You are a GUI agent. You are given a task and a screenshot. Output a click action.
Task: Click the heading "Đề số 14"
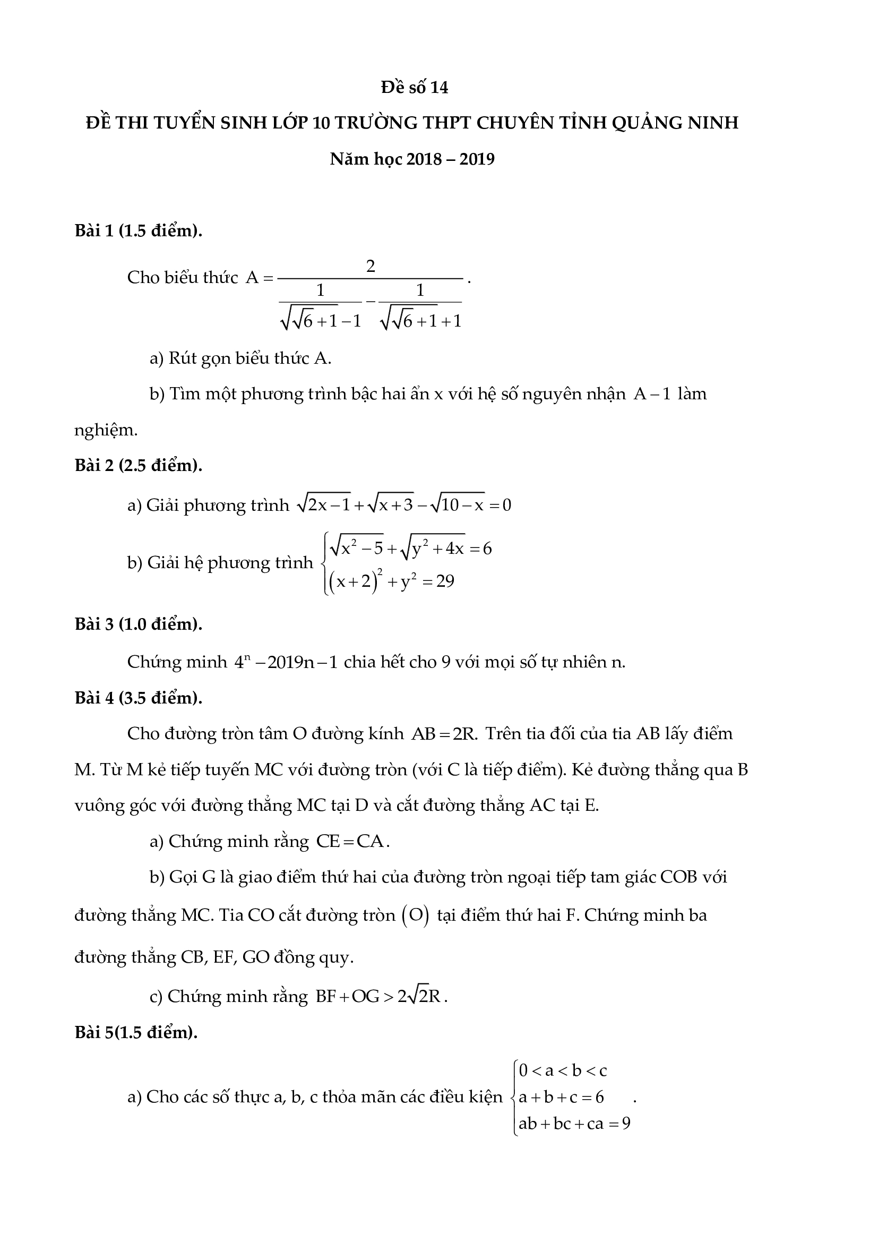(415, 88)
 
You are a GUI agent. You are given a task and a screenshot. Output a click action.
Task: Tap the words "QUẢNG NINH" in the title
(675, 123)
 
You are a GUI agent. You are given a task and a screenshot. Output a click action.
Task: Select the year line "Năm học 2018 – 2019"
(412, 159)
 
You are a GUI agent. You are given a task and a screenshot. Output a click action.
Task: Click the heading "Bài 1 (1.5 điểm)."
(139, 231)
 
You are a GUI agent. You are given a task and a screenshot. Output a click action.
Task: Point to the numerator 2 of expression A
(371, 265)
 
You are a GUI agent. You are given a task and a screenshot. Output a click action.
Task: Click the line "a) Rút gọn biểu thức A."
(240, 358)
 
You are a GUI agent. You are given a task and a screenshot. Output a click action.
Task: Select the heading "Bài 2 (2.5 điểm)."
(139, 465)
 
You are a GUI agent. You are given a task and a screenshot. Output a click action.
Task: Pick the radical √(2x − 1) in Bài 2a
(324, 504)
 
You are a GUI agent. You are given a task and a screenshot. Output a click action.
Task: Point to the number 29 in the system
(445, 581)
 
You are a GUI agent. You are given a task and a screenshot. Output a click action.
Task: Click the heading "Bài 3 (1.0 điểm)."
(139, 624)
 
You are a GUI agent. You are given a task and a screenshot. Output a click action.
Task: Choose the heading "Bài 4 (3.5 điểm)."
(139, 698)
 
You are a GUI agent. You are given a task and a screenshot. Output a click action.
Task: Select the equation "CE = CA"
(350, 842)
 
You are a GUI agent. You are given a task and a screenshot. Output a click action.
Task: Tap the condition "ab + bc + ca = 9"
(574, 1124)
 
